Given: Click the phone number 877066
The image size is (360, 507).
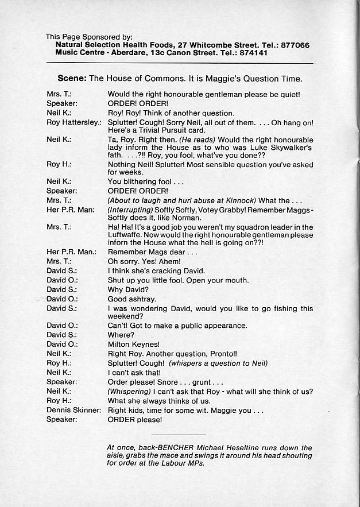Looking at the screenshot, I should click(294, 45).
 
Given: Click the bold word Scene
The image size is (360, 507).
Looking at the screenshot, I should click(72, 79).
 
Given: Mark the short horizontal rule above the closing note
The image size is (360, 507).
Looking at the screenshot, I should click(179, 434).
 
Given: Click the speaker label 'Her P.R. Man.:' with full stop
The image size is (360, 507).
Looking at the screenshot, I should click(71, 251).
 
